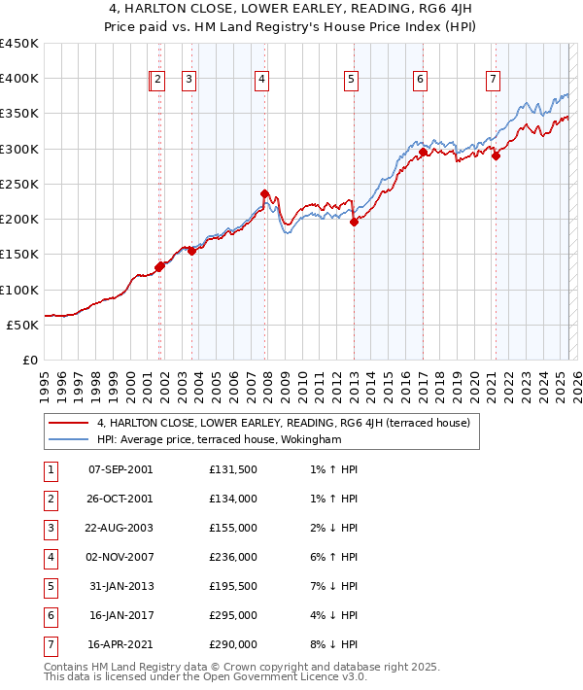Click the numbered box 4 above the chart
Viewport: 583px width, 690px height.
pyautogui.click(x=262, y=81)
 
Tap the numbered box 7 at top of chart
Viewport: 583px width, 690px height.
pyautogui.click(x=494, y=81)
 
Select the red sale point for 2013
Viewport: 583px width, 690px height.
pyautogui.click(x=354, y=222)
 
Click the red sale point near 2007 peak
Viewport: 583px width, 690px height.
pyautogui.click(x=264, y=193)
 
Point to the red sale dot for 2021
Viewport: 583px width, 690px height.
pyautogui.click(x=496, y=155)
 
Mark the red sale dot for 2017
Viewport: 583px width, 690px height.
pyautogui.click(x=424, y=152)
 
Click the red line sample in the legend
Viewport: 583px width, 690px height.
pyautogui.click(x=69, y=423)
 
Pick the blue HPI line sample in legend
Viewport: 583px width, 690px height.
pyautogui.click(x=69, y=439)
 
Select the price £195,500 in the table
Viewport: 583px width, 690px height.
pyautogui.click(x=233, y=586)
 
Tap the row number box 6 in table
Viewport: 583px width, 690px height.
pyautogui.click(x=49, y=614)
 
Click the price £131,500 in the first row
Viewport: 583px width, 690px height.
pyautogui.click(x=233, y=469)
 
